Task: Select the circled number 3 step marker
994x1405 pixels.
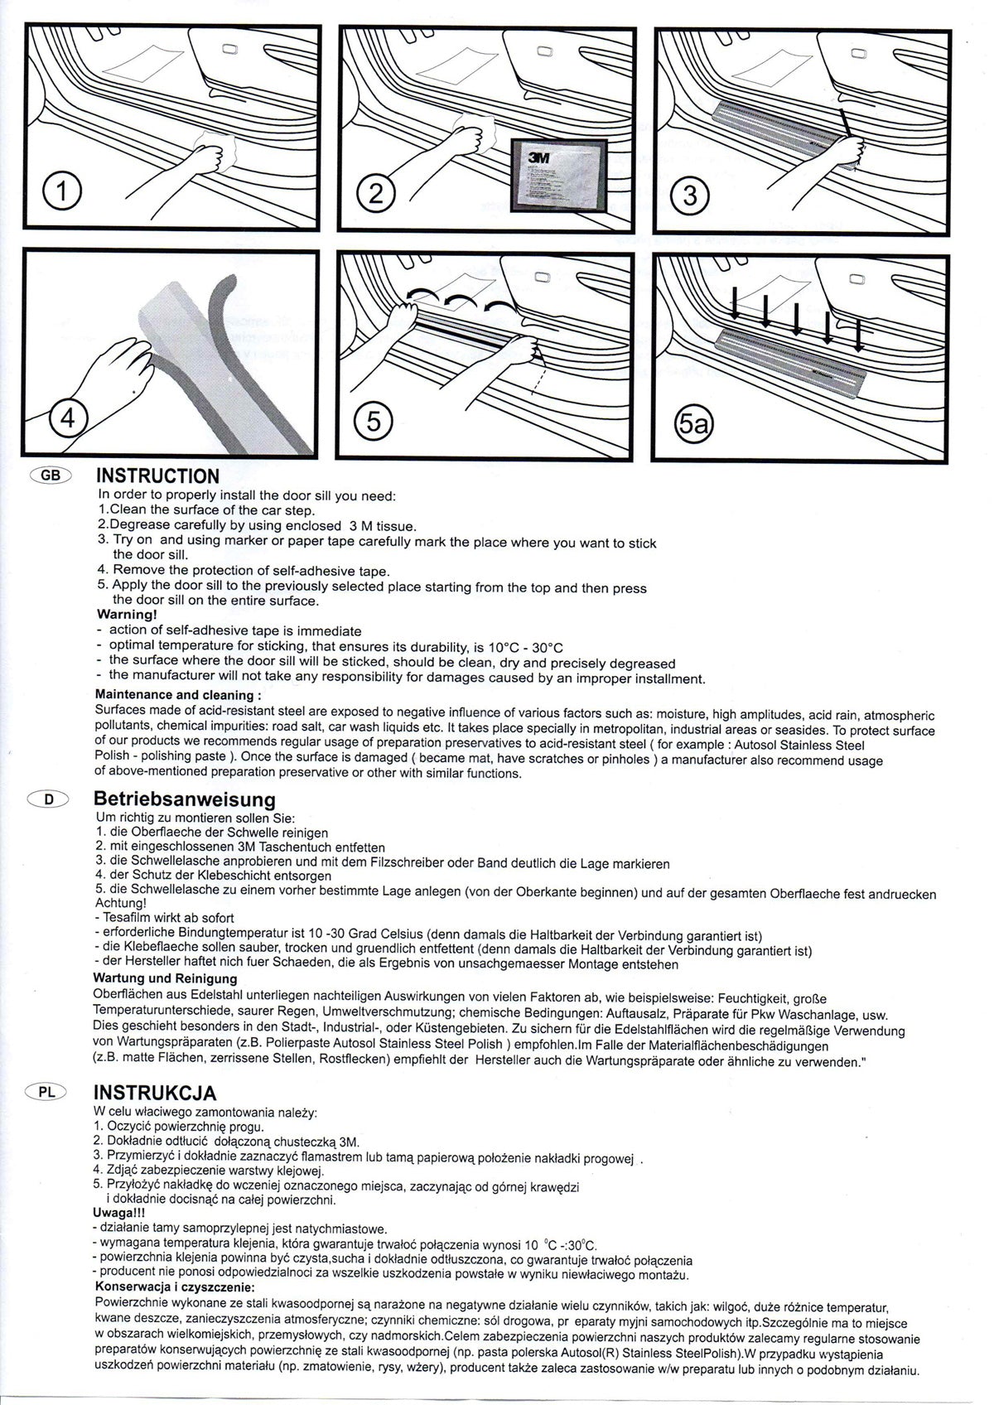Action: [690, 195]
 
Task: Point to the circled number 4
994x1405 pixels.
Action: [68, 417]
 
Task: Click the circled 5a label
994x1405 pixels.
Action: [693, 425]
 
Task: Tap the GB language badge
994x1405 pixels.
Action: [51, 475]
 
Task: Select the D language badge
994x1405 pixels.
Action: [48, 799]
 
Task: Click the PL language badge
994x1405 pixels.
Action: [47, 1092]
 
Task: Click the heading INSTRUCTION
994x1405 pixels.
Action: [157, 476]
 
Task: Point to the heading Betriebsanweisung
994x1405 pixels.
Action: [185, 799]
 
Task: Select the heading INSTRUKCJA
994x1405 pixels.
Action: [155, 1093]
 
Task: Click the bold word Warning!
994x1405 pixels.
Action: [127, 614]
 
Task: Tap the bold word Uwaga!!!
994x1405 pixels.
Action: [118, 1212]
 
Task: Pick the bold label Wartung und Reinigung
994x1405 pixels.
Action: [165, 978]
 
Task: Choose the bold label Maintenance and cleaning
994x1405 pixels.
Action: [178, 694]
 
